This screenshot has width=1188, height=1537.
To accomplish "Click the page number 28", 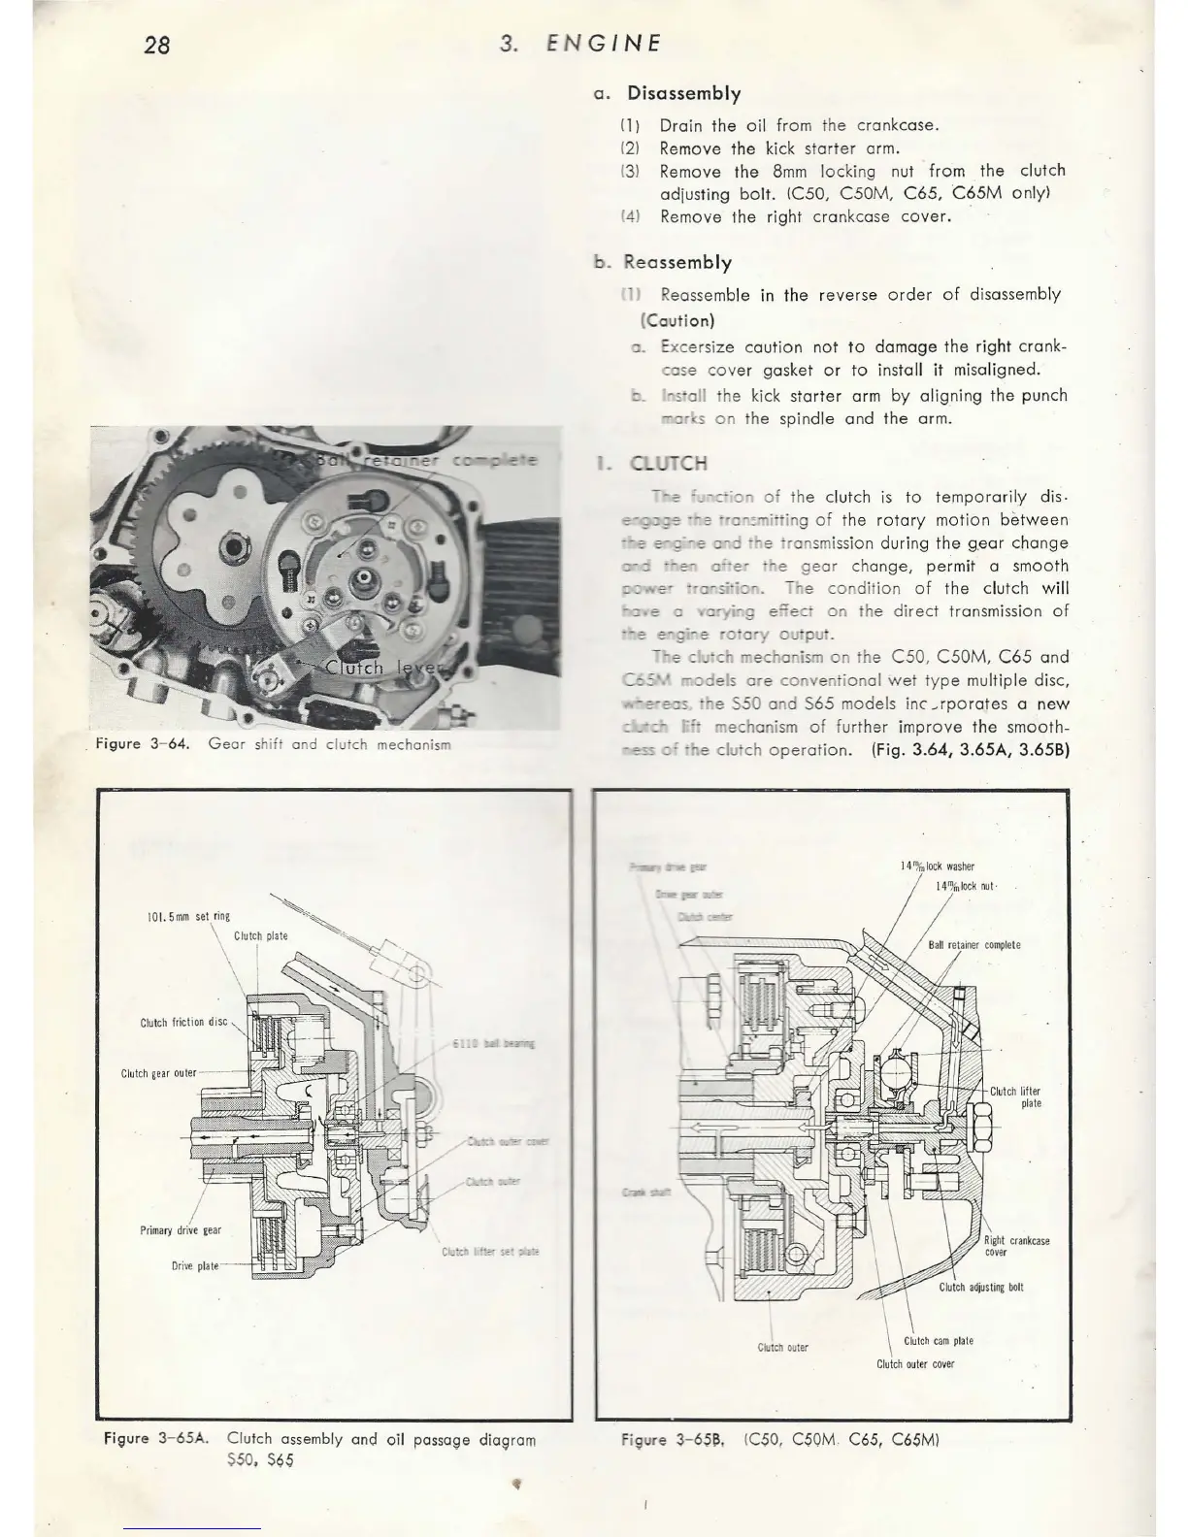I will click(x=156, y=45).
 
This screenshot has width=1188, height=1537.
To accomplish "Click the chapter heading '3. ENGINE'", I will click(x=580, y=44).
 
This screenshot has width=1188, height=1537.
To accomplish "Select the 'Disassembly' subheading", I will click(x=683, y=94).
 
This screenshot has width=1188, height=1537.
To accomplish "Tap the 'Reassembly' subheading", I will click(x=677, y=263).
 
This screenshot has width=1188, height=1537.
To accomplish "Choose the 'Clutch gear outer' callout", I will click(x=158, y=1074).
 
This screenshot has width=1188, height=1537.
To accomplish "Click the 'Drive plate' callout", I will click(x=194, y=1266).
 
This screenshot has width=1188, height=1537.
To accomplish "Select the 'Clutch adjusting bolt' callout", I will click(x=981, y=1288).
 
